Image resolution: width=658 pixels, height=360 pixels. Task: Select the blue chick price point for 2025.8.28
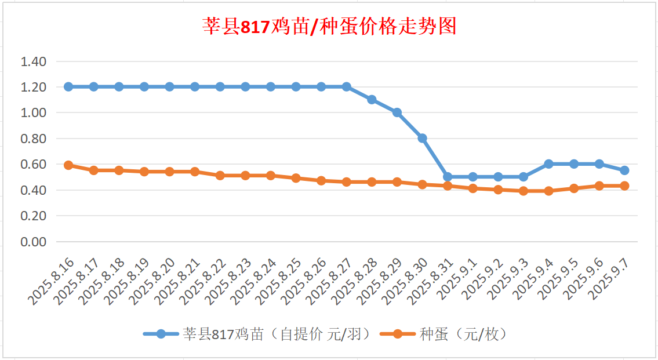[x=372, y=100]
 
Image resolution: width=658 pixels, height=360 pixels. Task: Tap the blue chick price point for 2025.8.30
[x=423, y=138]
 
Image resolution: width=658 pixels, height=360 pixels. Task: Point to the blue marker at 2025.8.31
[x=448, y=177]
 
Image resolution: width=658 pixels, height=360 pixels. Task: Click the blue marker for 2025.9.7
[x=624, y=170]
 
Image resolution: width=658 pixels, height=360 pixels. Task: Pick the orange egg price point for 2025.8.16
[x=68, y=165]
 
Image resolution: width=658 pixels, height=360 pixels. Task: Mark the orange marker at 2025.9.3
[x=524, y=191]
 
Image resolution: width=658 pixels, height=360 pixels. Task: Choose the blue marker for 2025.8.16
[x=68, y=87]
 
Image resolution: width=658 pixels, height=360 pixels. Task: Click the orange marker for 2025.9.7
[x=624, y=186]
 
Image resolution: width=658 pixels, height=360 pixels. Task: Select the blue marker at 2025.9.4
[x=548, y=164]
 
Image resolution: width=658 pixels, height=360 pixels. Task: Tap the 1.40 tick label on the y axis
[x=33, y=61]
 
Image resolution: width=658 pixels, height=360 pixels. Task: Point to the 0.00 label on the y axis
[x=33, y=242]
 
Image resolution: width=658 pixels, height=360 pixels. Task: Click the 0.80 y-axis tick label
[x=33, y=139]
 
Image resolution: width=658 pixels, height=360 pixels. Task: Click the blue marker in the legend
[x=161, y=334]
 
